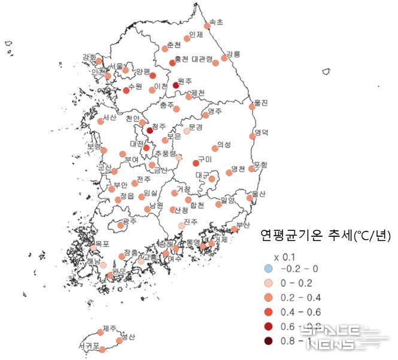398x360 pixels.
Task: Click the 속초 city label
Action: [x=215, y=22]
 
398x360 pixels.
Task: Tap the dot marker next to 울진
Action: [x=252, y=106]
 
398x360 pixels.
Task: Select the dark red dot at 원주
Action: [x=176, y=86]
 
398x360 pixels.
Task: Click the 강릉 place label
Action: [x=233, y=54]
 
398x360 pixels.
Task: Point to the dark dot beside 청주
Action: [x=150, y=130]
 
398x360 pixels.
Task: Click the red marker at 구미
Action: [x=196, y=163]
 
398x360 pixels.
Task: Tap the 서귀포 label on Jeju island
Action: [x=89, y=346]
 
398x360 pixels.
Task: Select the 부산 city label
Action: [x=243, y=225]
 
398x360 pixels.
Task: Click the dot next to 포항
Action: [x=252, y=169]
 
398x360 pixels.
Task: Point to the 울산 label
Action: [x=258, y=194]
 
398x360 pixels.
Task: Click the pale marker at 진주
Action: [x=182, y=225]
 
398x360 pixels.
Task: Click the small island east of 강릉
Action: [x=327, y=71]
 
